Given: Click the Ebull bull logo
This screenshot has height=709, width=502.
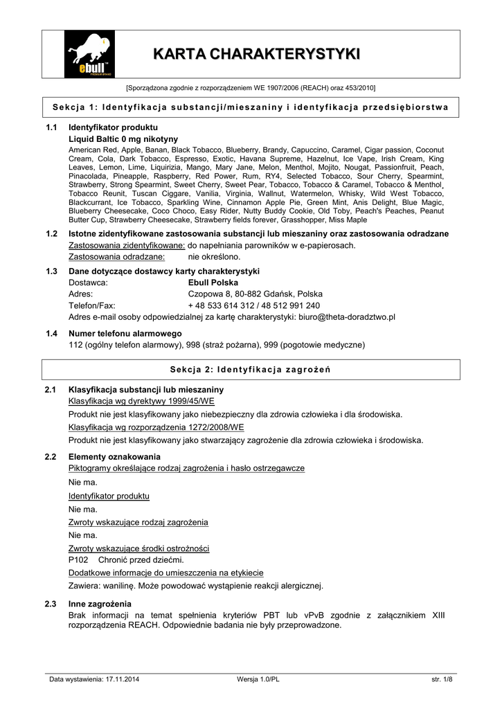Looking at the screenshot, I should [89, 55].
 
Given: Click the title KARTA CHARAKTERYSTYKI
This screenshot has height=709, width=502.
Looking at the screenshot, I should [256, 54].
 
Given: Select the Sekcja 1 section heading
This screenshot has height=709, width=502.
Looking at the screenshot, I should [251, 107].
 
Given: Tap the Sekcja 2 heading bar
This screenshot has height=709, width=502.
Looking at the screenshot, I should [251, 370].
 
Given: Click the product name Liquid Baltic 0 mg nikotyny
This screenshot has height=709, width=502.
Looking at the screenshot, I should [123, 139].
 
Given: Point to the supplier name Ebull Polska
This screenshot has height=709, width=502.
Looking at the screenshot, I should [213, 282].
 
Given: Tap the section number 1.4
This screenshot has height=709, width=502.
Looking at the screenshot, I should [51, 334].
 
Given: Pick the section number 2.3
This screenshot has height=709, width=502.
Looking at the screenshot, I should [51, 604].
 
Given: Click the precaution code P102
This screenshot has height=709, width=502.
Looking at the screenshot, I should [78, 559].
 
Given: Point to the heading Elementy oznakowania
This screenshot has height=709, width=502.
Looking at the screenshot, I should [114, 457].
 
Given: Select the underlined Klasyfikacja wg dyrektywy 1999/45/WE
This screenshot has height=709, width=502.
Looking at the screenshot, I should [141, 401].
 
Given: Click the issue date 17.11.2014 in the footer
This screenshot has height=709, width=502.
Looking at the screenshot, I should [123, 679].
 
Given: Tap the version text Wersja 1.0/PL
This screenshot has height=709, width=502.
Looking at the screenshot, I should [258, 679].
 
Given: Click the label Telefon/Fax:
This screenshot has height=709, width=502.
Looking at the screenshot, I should [92, 305].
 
